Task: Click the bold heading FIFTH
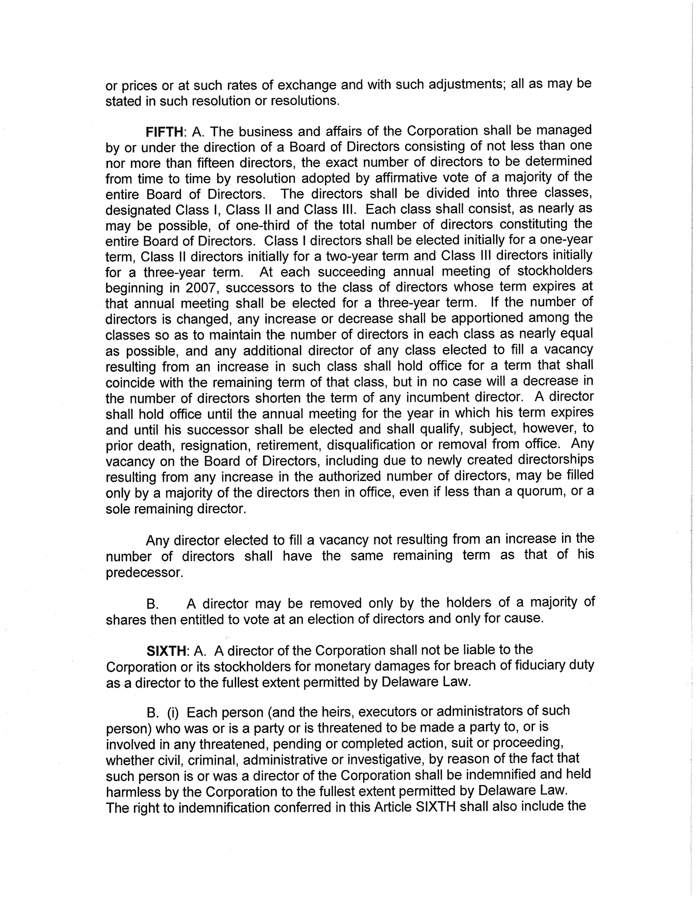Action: click(164, 132)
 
